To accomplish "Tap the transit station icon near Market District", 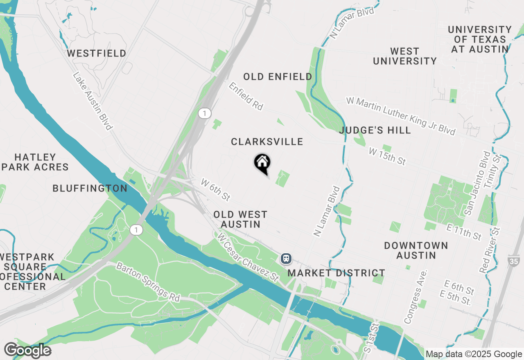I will [x=286, y=258].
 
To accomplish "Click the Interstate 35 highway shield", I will [x=513, y=260].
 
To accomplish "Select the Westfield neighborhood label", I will [x=97, y=54].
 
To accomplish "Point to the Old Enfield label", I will [x=278, y=76].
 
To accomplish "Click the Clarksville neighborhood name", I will [x=267, y=142].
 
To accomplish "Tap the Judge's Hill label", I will [x=375, y=130].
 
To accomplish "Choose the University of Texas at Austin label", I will [x=480, y=39].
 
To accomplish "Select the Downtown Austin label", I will [x=416, y=250].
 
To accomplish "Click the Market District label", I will [x=337, y=273].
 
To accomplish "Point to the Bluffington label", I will [x=90, y=188].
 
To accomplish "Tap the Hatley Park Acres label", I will [x=35, y=162].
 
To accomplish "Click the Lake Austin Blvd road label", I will [x=93, y=101].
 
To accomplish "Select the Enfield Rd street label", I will [x=246, y=96].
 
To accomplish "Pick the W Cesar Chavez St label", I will [x=248, y=257].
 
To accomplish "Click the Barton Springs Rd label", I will [x=148, y=282].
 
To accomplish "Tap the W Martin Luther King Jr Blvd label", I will [x=400, y=116].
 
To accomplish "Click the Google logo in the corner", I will [x=27, y=350].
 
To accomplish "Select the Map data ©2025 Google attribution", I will [x=474, y=354].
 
